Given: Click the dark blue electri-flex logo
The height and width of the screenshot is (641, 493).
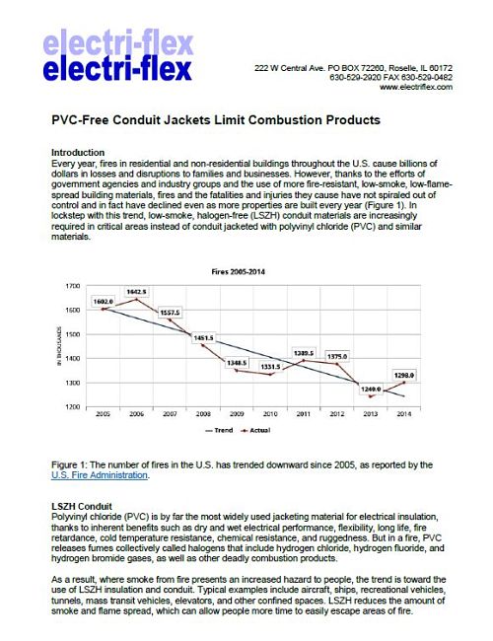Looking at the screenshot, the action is coord(117,69).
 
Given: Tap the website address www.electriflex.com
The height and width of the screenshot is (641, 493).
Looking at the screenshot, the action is coord(416,87).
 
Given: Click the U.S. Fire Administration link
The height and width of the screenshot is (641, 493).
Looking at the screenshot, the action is coord(100,475).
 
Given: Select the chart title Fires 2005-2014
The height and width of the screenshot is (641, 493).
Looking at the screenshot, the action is coord(238,272).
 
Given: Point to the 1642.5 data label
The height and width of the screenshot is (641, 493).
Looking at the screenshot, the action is coord(136,292).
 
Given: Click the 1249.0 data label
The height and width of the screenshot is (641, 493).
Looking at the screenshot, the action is coord(371,390).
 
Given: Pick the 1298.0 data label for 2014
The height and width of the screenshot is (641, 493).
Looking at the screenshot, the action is coord(404,375).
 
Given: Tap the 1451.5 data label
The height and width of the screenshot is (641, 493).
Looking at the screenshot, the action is coord(203,338).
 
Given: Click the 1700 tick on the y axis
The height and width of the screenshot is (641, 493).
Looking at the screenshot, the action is coord(73,286).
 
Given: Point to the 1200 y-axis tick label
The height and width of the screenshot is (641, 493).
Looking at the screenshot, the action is coord(73,407).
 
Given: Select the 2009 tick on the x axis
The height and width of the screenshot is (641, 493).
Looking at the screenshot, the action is coord(237,414).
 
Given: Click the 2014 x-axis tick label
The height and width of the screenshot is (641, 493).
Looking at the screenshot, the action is coord(404,414).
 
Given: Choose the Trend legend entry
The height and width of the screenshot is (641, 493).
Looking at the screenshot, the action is coord(219,431).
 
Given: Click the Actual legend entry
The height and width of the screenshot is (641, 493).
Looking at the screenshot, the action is coord(255,431).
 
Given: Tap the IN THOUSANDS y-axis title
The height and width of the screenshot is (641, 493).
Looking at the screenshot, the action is coord(59,346).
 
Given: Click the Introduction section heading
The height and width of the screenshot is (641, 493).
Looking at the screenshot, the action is coord(78,153).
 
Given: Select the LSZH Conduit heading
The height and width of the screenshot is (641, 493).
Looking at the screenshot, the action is coord(82,507).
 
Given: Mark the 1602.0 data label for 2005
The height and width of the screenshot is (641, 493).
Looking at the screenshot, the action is coord(103,302).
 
